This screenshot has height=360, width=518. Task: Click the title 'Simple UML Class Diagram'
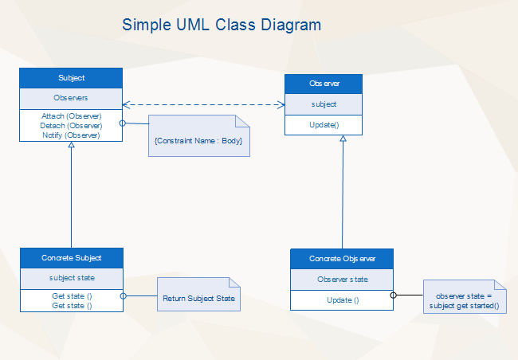tap(222, 25)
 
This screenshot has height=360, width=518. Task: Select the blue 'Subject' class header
tap(71, 78)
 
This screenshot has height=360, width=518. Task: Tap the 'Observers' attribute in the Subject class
tap(71, 98)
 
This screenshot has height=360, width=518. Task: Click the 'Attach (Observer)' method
tap(71, 116)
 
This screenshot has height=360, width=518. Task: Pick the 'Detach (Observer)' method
tap(71, 125)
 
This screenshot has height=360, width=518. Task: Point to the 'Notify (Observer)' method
tap(71, 135)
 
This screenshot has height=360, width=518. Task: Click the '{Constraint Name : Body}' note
tap(198, 139)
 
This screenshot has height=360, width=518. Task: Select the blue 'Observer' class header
tap(324, 84)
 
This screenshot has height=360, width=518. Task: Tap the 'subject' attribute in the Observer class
tap(324, 104)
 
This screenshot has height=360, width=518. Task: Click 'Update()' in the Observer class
tap(324, 125)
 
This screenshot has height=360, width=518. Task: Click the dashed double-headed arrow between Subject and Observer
tap(204, 104)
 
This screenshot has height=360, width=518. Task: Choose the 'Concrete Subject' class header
tap(71, 257)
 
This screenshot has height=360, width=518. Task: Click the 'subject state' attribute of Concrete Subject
tap(71, 278)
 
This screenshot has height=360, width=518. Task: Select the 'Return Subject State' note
tap(198, 299)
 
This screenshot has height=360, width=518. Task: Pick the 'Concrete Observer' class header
tap(341, 259)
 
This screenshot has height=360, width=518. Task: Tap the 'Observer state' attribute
tap(342, 280)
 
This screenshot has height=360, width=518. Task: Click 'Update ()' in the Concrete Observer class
tap(342, 299)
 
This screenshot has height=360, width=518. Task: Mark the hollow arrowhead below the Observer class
tap(343, 139)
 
